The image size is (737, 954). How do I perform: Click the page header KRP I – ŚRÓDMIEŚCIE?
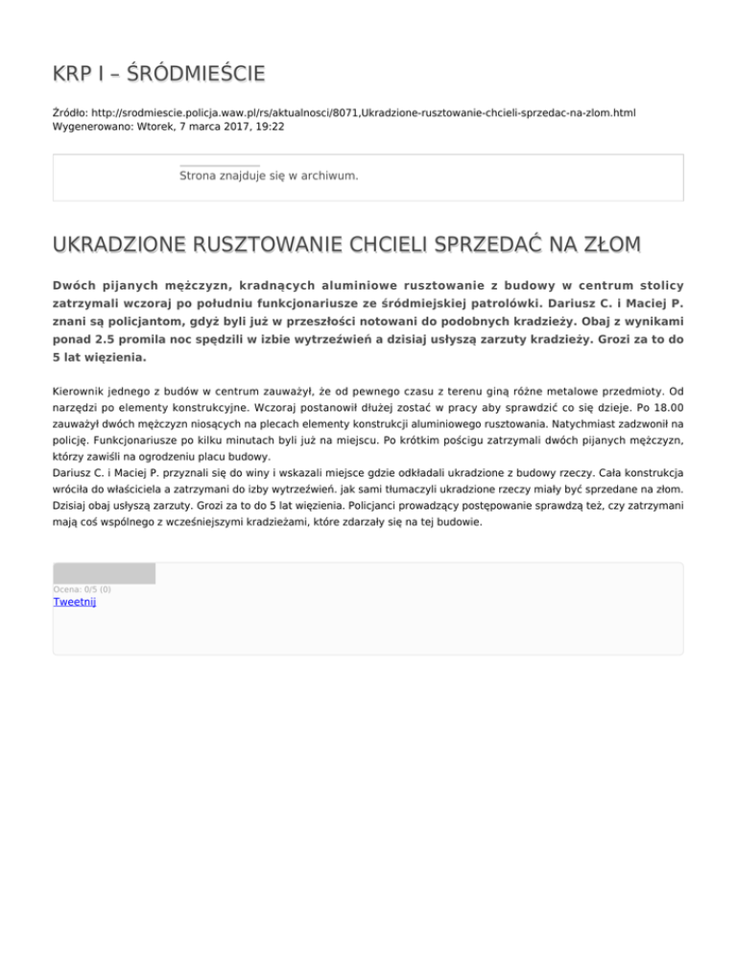click(x=158, y=74)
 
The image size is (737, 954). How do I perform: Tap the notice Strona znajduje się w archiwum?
click(x=269, y=176)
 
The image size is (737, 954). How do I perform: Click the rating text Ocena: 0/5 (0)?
click(x=82, y=588)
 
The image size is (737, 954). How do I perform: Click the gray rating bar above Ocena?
click(x=104, y=574)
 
